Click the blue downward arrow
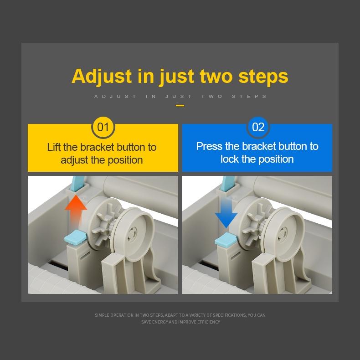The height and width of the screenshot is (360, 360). [226, 212]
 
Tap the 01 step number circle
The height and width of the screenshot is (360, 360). [103, 127]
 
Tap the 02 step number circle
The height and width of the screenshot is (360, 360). [258, 127]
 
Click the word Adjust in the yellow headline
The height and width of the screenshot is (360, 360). [102, 77]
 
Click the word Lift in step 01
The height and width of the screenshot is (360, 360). [54, 147]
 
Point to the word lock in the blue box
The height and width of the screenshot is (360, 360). [230, 159]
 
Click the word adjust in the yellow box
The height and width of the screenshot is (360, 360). [74, 160]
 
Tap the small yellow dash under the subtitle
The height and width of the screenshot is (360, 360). [180, 106]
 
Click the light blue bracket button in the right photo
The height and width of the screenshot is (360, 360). [226, 239]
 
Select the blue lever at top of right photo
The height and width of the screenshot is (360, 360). [227, 184]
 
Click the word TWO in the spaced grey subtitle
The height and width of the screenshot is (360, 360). [212, 97]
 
